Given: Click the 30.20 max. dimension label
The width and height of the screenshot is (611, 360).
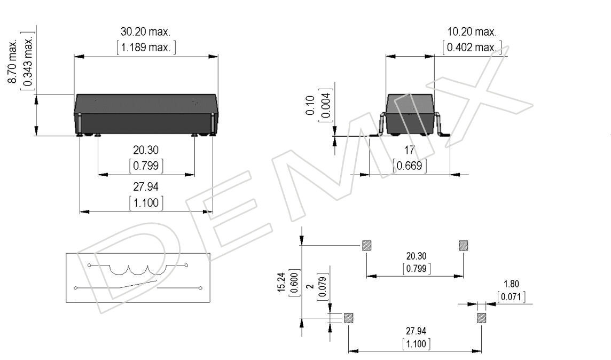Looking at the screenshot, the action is (x=145, y=32).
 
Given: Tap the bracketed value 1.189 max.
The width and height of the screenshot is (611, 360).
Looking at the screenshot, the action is (x=146, y=48).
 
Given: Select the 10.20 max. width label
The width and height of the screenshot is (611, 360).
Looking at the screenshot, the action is (x=472, y=32).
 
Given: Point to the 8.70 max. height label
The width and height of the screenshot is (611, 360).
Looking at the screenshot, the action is (x=12, y=60).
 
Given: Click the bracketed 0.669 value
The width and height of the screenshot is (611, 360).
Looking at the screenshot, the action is (x=409, y=166).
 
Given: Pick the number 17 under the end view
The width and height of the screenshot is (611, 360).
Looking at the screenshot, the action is (x=409, y=150).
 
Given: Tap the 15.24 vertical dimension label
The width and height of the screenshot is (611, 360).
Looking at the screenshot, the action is (x=281, y=283).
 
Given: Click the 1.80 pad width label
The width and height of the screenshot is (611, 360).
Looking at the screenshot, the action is (x=511, y=284).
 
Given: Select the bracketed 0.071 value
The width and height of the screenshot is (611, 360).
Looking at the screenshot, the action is (x=511, y=297).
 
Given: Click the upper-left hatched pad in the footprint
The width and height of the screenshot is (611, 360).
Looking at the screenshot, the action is (x=367, y=246).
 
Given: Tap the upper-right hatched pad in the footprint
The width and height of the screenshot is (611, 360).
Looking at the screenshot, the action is (x=463, y=246).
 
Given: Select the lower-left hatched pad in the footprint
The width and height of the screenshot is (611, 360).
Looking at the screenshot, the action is (x=348, y=318).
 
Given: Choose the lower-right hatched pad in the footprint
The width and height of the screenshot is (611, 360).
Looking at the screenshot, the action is (x=482, y=318).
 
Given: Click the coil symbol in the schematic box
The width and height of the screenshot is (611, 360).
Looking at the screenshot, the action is (x=138, y=270).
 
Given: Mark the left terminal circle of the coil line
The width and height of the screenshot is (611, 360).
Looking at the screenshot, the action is (x=89, y=265).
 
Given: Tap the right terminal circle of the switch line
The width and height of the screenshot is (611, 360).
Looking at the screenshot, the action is (x=201, y=288).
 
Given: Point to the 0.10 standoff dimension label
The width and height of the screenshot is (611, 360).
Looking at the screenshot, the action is (x=310, y=105).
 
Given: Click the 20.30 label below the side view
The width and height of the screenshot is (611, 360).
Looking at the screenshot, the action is (x=146, y=150).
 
